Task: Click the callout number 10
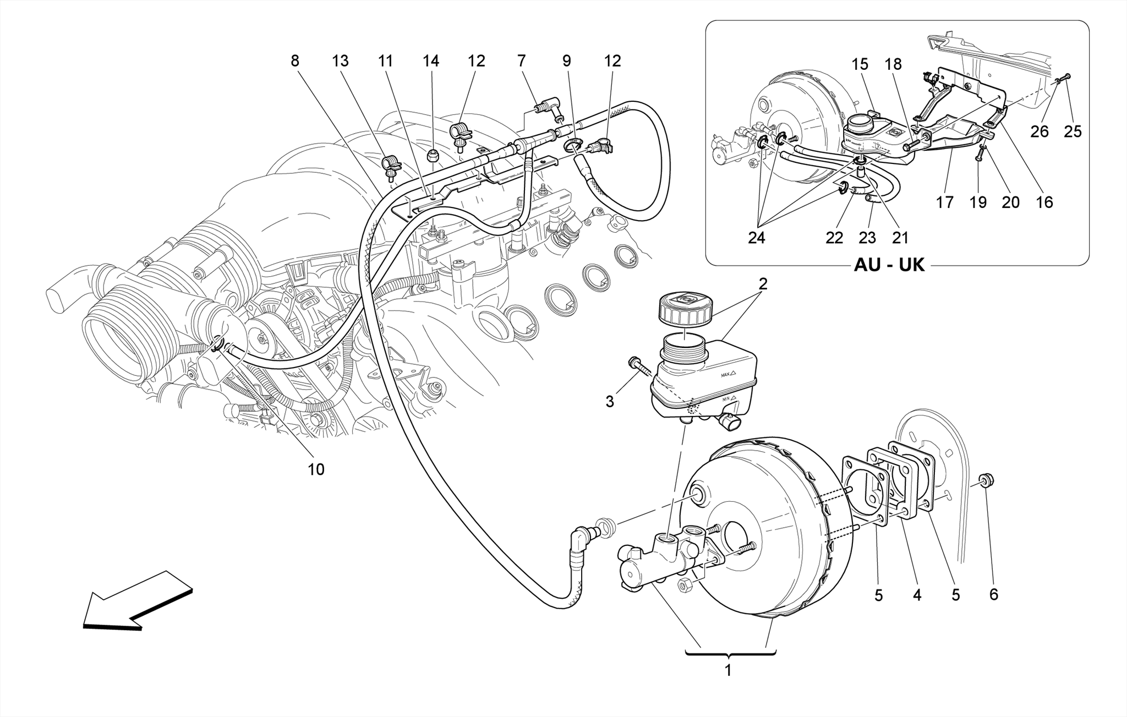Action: point(316,469)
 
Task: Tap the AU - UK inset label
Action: point(889,265)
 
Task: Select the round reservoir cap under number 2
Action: point(685,311)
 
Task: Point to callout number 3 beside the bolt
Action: point(609,402)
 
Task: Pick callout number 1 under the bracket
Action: point(728,671)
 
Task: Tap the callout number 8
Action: point(295,61)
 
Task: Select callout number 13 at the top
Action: point(341,61)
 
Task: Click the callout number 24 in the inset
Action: point(757,237)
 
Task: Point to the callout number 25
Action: point(1073,132)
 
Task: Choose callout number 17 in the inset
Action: point(945,202)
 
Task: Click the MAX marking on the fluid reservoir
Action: point(727,375)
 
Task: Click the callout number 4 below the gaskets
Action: point(917,595)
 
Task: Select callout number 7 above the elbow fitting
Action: point(521,61)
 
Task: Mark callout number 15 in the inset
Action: point(860,64)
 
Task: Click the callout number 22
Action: point(834,237)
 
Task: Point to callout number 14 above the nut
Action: point(431,61)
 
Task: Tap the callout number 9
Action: point(567,61)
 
